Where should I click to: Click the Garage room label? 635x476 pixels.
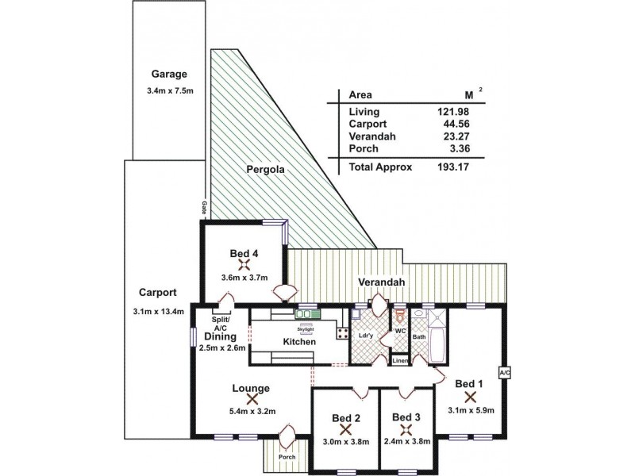[163, 75]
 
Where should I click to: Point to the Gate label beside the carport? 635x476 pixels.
[204, 208]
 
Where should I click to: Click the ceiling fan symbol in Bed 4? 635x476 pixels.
[244, 264]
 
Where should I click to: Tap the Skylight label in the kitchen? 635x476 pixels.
[305, 328]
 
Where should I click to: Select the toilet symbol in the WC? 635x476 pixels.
[400, 319]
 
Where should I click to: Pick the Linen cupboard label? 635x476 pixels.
[401, 362]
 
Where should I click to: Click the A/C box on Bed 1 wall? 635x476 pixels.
[503, 372]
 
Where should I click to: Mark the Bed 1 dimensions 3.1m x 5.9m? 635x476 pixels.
[471, 410]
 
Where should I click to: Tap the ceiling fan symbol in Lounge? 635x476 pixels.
[252, 400]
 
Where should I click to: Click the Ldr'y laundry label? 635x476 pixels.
[366, 336]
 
